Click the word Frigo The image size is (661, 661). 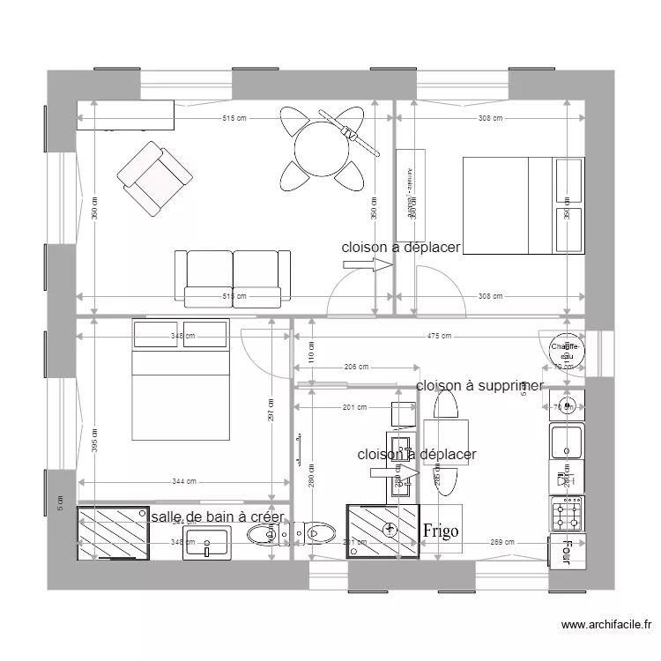click(x=440, y=531)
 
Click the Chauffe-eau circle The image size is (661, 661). click(x=565, y=351)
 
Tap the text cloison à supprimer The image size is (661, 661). click(x=479, y=386)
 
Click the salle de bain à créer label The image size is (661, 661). click(x=217, y=517)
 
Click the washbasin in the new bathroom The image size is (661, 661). click(x=207, y=541)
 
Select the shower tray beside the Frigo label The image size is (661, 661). click(x=383, y=531)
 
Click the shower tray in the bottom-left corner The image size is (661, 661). click(x=113, y=533)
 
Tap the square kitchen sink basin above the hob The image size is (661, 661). click(x=566, y=442)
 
